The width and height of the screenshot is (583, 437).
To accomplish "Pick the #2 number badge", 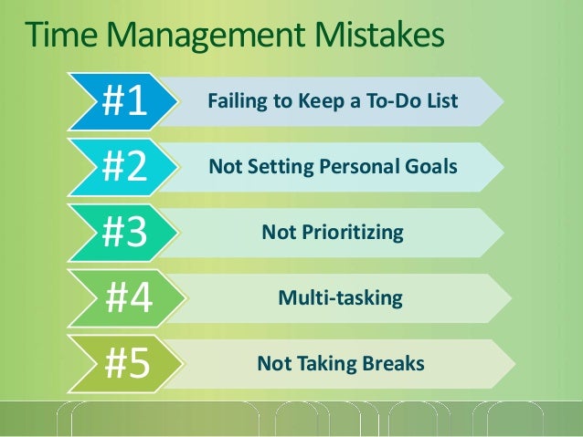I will [x=124, y=168].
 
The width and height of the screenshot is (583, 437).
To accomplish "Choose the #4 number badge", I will [x=129, y=298].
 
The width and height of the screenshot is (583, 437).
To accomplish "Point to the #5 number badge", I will [x=127, y=364].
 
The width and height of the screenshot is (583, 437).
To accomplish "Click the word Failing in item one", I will [x=232, y=101].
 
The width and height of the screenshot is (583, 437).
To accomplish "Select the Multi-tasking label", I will [x=339, y=298].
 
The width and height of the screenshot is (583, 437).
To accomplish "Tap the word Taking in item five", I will [x=318, y=364].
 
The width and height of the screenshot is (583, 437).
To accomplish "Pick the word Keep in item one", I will [x=313, y=101].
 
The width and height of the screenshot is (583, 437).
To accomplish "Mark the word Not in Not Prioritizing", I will [x=277, y=233].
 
